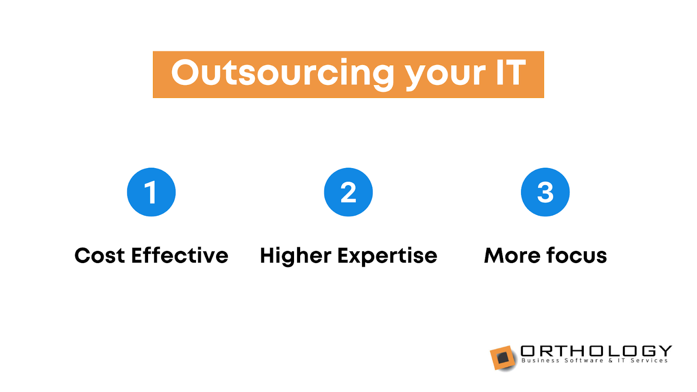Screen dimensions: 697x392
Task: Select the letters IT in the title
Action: click(511, 72)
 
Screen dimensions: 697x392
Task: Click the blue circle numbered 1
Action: click(151, 192)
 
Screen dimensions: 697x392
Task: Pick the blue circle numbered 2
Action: click(348, 192)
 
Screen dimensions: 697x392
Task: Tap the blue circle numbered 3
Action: click(545, 192)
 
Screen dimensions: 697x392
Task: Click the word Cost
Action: click(100, 256)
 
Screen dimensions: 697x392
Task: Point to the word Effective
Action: click(180, 255)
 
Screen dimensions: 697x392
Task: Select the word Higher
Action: click(296, 256)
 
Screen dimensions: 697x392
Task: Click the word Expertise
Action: click(387, 256)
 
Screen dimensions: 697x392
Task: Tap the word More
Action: click(512, 256)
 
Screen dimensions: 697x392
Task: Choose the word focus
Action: click(577, 255)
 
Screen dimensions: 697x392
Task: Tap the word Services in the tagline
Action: click(649, 361)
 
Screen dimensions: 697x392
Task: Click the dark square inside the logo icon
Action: click(503, 358)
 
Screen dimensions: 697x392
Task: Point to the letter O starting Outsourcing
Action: click(185, 72)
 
